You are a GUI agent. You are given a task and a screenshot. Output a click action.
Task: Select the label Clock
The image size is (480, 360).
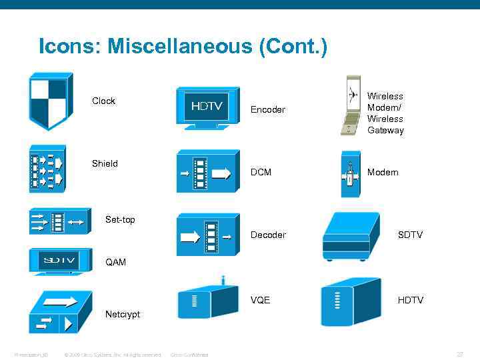tap(103, 101)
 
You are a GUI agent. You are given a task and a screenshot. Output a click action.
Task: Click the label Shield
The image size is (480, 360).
tap(105, 163)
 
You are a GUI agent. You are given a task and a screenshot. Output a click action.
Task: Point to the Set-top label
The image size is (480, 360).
tap(120, 219)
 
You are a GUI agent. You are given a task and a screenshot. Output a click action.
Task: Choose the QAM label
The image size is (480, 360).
tap(116, 262)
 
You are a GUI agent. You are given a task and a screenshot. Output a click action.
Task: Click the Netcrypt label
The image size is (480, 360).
tap(123, 314)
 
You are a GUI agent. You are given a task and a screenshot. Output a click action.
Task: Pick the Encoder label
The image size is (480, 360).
tap(267, 109)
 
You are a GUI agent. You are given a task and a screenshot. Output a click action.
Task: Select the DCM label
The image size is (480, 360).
tap(261, 172)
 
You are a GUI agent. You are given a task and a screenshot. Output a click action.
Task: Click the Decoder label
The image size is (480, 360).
tap(268, 235)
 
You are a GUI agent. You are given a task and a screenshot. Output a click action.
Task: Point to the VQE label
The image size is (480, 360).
tap(260, 300)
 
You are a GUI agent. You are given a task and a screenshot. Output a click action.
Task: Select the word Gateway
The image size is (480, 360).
tap(385, 130)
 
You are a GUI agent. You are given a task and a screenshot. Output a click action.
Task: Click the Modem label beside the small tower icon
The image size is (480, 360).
tap(383, 172)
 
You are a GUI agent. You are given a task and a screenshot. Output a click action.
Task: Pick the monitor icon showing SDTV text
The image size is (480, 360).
tap(61, 261)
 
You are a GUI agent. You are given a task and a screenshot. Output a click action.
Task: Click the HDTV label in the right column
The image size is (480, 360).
tap(411, 300)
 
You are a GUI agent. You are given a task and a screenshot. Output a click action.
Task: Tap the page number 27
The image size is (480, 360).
tap(459, 354)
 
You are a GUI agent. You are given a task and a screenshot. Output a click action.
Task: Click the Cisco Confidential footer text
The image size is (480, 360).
tap(189, 355)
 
